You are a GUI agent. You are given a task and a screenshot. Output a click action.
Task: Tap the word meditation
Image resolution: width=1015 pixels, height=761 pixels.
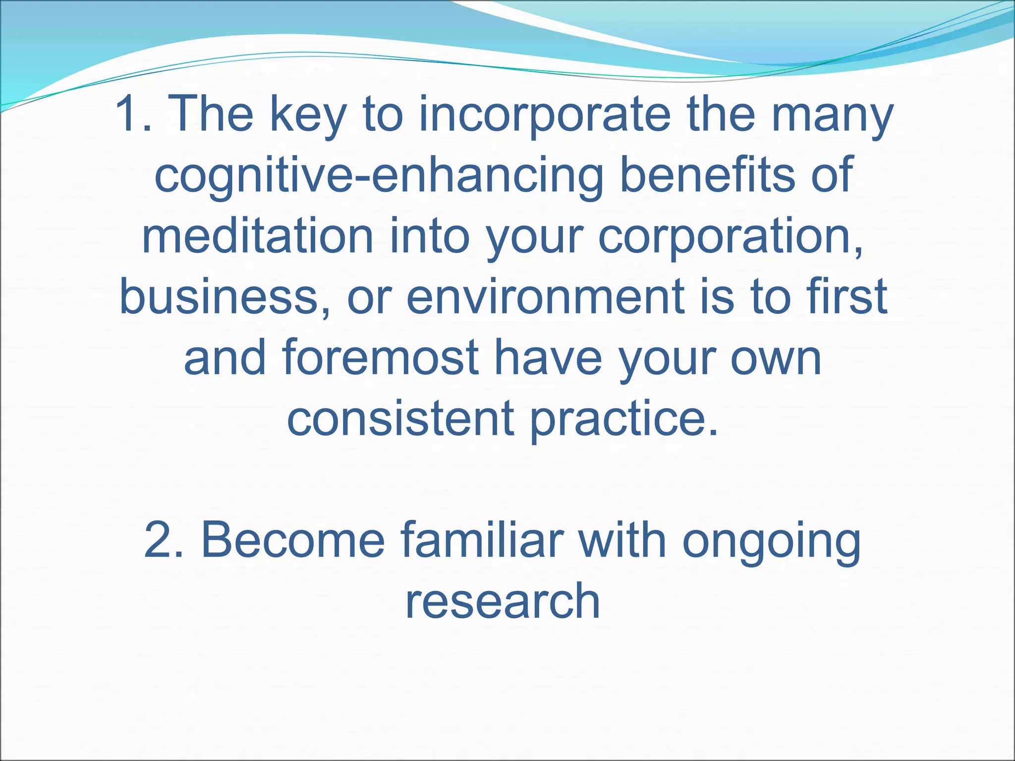[x=258, y=236]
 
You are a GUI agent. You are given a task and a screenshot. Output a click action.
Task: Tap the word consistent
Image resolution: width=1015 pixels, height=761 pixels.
[x=400, y=419]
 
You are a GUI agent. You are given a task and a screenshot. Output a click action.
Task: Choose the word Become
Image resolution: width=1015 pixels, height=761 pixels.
[x=292, y=540]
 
